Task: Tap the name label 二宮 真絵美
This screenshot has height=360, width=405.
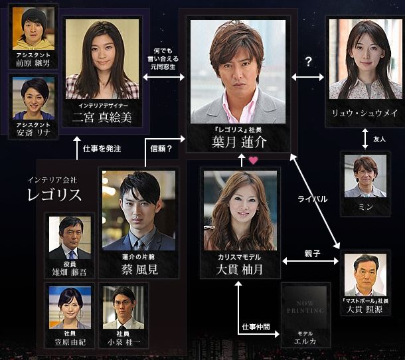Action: [x=104, y=118]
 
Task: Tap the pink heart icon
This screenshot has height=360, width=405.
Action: [x=253, y=159]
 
